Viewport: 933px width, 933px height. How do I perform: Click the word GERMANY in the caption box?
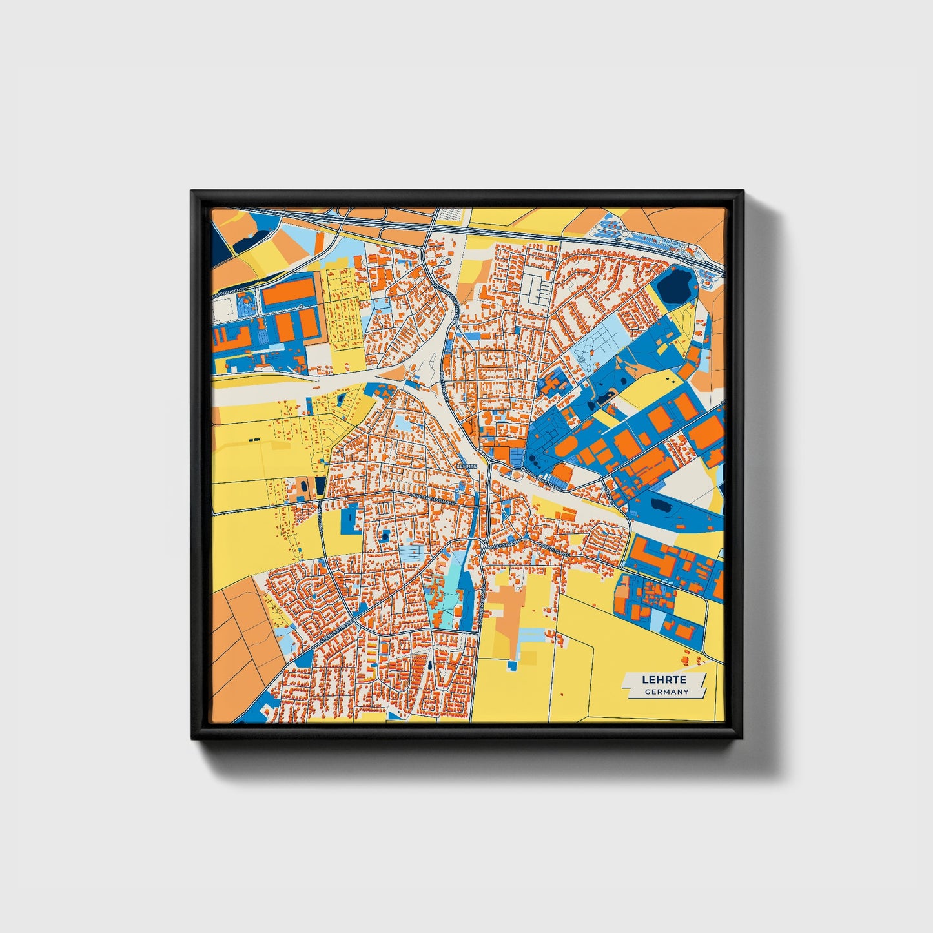[x=666, y=692]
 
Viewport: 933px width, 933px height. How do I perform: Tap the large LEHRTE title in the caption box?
[x=664, y=680]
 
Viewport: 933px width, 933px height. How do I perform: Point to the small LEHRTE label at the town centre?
[x=466, y=465]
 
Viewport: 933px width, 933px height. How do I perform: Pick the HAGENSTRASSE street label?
[x=504, y=547]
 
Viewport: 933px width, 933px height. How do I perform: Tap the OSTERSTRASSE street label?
[x=554, y=548]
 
